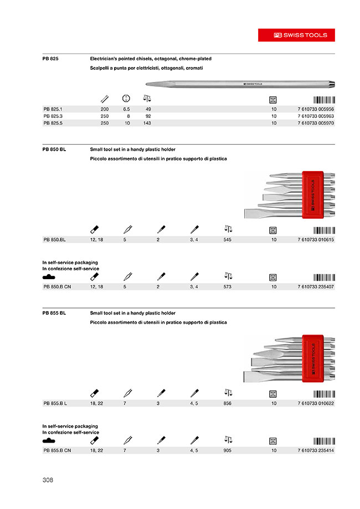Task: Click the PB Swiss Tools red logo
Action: coord(301,34)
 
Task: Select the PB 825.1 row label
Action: coord(54,109)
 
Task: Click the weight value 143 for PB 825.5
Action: coord(147,124)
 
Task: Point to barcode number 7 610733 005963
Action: coord(312,116)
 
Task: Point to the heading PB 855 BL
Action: coord(54,313)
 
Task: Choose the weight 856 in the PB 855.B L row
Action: coord(227,404)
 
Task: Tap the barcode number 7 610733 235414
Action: coord(312,451)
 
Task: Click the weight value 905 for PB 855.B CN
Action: coord(227,451)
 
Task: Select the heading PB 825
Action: coord(50,58)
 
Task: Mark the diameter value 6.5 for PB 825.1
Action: coord(126,109)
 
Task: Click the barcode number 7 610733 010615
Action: coord(312,239)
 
